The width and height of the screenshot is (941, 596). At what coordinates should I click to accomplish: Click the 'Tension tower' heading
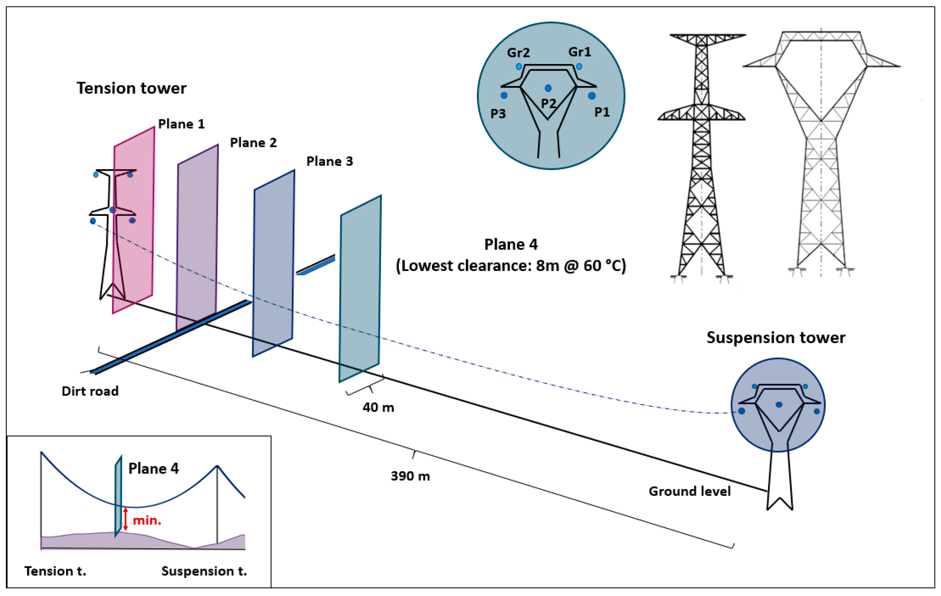pos(131,88)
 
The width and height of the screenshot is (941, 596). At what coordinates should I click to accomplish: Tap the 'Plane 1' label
pos(181,124)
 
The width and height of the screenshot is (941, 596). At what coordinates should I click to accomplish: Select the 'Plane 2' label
pos(253,143)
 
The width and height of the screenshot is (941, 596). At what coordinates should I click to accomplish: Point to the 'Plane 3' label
pos(329,161)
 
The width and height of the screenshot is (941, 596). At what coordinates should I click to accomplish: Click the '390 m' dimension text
pos(410,476)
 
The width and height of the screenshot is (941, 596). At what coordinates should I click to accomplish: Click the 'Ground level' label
pos(690,491)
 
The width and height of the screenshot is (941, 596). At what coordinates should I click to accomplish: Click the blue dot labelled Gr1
pos(579,67)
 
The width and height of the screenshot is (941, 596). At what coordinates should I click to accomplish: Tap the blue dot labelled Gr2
pos(519,67)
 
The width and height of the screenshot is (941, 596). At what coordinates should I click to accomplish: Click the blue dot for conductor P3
pos(504,95)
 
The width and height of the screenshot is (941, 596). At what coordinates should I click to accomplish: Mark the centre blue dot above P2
pos(548,88)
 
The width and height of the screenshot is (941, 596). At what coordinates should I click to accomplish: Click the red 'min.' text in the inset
pos(147,521)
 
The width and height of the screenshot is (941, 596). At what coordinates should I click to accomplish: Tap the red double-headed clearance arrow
pos(126,519)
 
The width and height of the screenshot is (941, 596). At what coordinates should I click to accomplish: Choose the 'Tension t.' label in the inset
pos(55,571)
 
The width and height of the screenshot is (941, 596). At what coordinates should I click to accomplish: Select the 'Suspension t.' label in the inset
pos(204,571)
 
